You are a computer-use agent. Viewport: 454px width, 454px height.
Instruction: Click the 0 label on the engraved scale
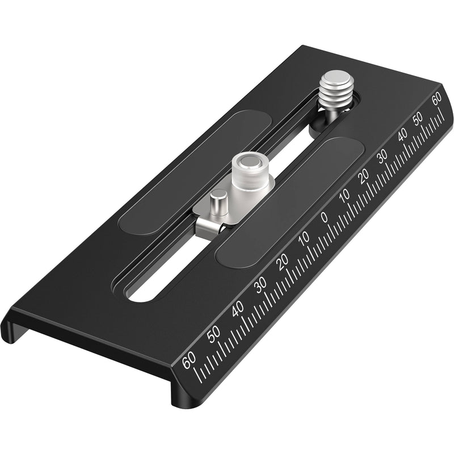tap(324, 217)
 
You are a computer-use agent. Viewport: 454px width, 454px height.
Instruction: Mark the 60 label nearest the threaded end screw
tap(436, 99)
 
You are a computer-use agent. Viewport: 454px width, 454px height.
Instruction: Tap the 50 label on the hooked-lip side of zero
tap(214, 334)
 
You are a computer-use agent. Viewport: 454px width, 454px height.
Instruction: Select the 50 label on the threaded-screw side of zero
tap(419, 118)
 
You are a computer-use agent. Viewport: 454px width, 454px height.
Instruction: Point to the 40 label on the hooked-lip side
tap(238, 309)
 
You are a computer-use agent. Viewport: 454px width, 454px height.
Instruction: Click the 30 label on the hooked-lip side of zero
tap(260, 285)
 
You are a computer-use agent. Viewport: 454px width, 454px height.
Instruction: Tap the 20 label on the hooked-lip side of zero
tap(283, 262)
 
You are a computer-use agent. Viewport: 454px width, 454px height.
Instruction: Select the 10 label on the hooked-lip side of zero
tap(304, 239)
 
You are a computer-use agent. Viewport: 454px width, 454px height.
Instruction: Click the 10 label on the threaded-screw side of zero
tap(344, 196)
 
